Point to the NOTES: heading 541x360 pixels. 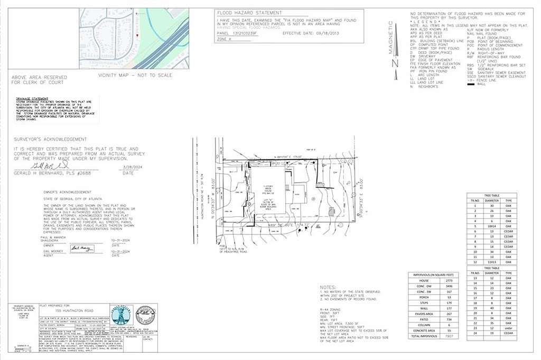point(328,287)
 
